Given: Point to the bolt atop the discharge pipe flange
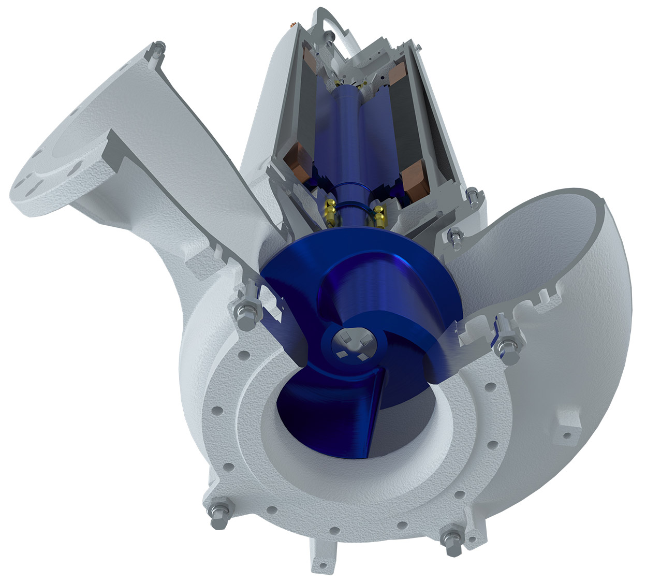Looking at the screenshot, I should tap(157, 51).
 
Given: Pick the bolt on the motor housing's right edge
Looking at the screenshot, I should tap(472, 197).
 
